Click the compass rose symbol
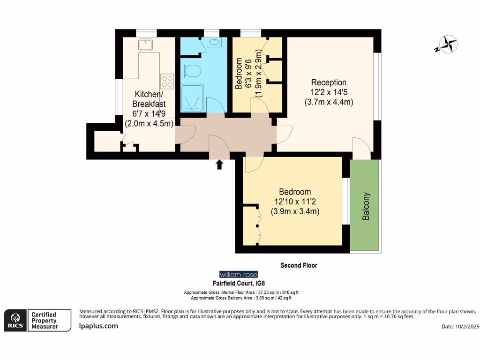[446, 45]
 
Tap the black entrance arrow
[219, 165]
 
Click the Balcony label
[366, 207]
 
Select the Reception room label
[329, 83]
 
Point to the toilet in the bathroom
[191, 71]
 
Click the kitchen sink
[144, 45]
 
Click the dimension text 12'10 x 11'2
[295, 202]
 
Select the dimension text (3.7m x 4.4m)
[329, 102]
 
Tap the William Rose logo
[239, 274]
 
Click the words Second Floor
[299, 265]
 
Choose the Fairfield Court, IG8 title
[239, 284]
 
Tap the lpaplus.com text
[98, 326]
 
